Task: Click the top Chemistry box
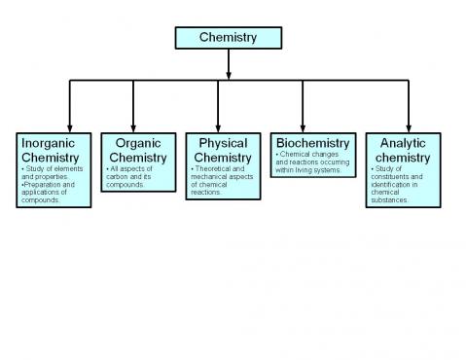(x=228, y=37)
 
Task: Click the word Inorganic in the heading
(x=49, y=143)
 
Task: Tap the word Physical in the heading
(x=223, y=143)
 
